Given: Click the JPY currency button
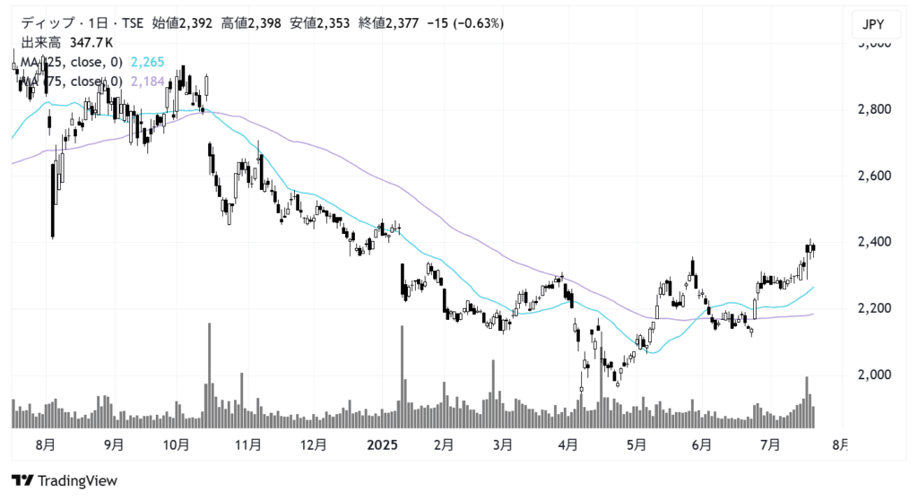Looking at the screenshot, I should tap(873, 24).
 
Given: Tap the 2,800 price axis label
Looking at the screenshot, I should tap(873, 109).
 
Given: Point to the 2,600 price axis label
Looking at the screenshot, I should tap(873, 176).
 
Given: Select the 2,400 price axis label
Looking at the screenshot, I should tap(873, 242).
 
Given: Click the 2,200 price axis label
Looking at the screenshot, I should tap(873, 308).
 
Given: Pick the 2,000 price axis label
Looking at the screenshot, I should tap(873, 375).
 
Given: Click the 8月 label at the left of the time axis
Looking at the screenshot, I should tap(47, 444).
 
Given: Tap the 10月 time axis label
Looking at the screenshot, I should tap(177, 444).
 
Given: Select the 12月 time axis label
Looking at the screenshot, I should tap(313, 444).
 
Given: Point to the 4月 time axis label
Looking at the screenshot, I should tap(567, 444).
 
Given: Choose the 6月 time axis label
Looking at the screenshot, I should tap(702, 444).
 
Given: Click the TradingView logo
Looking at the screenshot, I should tap(65, 480).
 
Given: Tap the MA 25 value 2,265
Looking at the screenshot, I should tap(146, 63).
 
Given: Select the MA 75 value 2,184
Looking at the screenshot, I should tap(148, 82).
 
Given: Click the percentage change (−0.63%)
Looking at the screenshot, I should tap(470, 23).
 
